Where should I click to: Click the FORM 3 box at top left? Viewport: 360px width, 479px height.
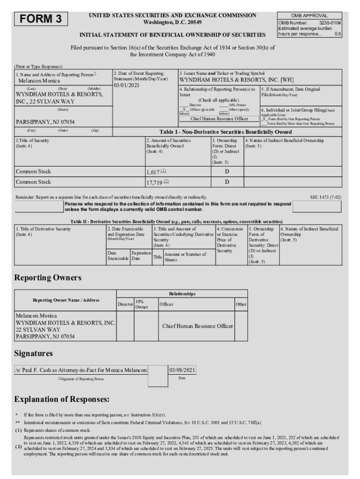click(x=42, y=19)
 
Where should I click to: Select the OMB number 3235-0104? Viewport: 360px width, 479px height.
click(x=330, y=22)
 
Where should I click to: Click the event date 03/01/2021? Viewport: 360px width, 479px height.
click(x=126, y=86)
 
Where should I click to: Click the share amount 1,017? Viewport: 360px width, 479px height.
click(x=153, y=172)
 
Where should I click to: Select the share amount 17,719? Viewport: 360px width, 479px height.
click(x=154, y=182)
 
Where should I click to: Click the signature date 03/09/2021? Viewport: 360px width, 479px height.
click(x=182, y=370)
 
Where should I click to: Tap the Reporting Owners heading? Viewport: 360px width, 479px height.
click(x=48, y=278)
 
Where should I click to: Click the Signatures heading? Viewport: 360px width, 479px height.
click(x=34, y=353)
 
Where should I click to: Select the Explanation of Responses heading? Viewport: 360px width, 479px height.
click(x=62, y=399)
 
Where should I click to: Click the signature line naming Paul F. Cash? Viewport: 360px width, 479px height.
click(x=81, y=370)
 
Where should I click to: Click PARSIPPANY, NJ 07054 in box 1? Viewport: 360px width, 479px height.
click(x=45, y=122)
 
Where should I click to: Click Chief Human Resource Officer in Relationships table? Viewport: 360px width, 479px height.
click(x=197, y=326)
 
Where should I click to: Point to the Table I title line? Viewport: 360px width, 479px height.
click(x=226, y=132)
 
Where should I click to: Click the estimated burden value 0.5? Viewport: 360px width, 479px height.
click(x=338, y=34)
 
